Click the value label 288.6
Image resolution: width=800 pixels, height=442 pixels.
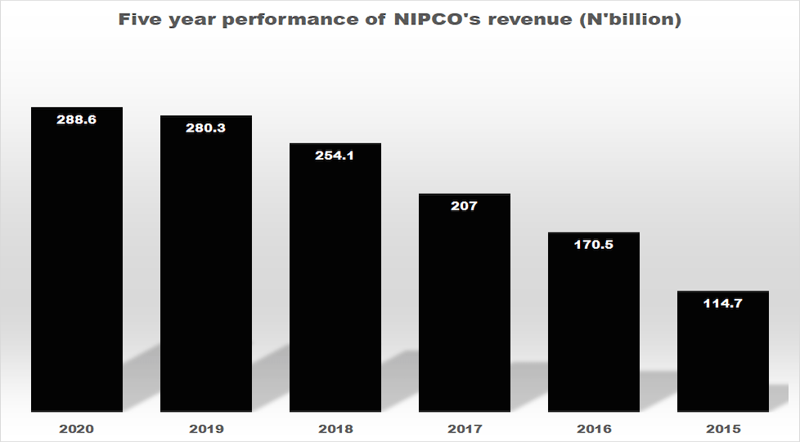(x=76, y=120)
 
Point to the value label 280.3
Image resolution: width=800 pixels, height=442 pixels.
(x=205, y=128)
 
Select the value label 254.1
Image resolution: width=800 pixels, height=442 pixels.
(x=335, y=156)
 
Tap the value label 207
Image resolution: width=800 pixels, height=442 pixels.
(x=464, y=206)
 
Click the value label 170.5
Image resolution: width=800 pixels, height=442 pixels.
(x=593, y=245)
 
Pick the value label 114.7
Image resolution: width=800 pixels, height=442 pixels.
(x=722, y=304)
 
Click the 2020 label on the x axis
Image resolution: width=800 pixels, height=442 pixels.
(x=76, y=429)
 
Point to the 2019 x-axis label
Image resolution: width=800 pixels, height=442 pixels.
(x=205, y=429)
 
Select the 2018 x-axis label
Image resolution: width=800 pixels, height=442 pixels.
(x=335, y=429)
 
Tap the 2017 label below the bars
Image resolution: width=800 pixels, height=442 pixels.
(x=464, y=429)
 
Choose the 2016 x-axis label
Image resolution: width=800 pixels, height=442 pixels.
(x=593, y=429)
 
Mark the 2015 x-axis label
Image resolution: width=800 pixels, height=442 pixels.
(x=722, y=429)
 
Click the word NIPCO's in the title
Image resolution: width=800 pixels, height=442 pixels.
(x=433, y=20)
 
